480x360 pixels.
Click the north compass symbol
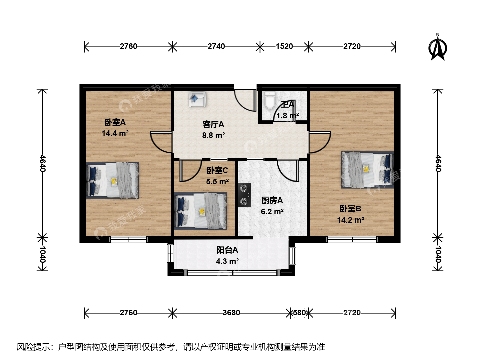pos(438,49)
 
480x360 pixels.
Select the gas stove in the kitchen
pos(244,195)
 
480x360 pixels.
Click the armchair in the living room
pos(197,99)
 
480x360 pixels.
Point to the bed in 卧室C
pos(201,211)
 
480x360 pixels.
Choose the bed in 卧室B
pos(367,170)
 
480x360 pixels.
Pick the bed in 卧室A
pos(112,180)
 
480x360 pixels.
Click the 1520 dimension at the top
pos(284,46)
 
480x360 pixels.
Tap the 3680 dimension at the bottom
pos(231,313)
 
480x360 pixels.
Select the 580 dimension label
pos(299,313)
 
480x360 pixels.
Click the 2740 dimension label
pos(216,46)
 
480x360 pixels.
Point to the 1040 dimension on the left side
pos(42,254)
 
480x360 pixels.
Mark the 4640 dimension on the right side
pos(438,163)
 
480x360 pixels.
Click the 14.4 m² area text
pos(115,133)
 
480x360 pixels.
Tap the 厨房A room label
pos(272,200)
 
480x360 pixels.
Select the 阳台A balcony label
pos(227,250)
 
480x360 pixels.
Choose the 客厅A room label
pos(213,124)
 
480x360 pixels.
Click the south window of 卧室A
pos(129,240)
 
